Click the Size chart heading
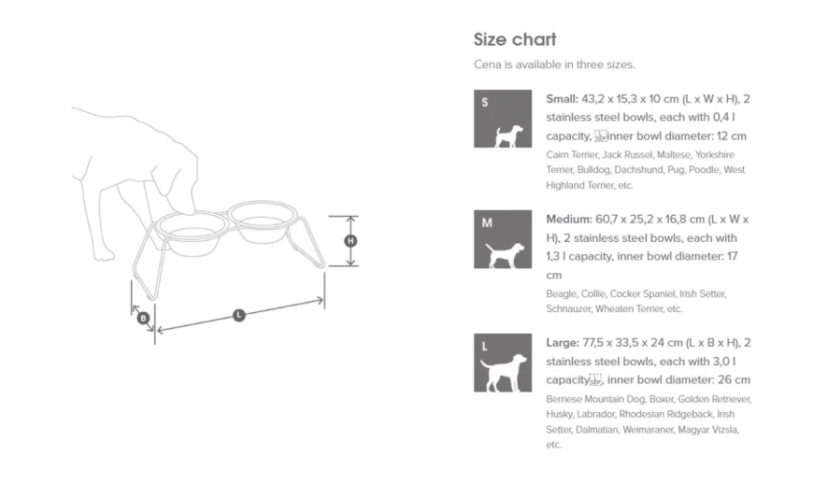pyautogui.click(x=515, y=39)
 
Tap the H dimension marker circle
pyautogui.click(x=350, y=241)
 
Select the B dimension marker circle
pyautogui.click(x=143, y=319)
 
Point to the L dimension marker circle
pyautogui.click(x=238, y=315)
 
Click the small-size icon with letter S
pyautogui.click(x=503, y=119)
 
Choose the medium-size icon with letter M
pyautogui.click(x=503, y=239)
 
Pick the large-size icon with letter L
pyautogui.click(x=503, y=363)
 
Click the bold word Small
pyautogui.click(x=562, y=99)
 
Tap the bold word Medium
pyautogui.click(x=569, y=219)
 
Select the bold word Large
pyautogui.click(x=563, y=343)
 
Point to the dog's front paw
pyautogui.click(x=104, y=255)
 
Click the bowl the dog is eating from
pyautogui.click(x=193, y=235)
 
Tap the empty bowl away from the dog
pyautogui.click(x=262, y=222)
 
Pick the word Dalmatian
pyautogui.click(x=597, y=430)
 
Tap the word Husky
pyautogui.click(x=559, y=415)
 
